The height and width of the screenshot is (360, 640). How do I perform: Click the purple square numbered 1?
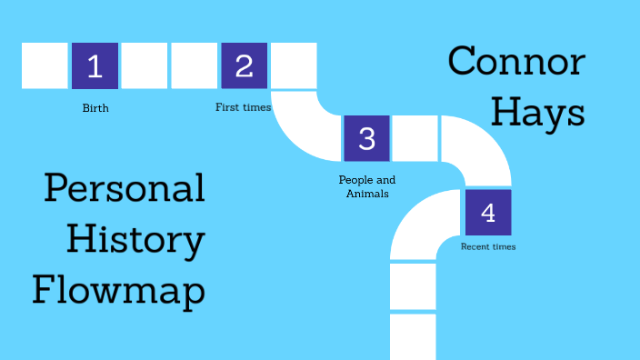(x=95, y=65)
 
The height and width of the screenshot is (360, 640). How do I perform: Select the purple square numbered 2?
(x=244, y=65)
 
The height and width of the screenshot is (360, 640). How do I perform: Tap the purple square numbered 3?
(x=366, y=138)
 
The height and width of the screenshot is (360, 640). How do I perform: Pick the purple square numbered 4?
(x=488, y=213)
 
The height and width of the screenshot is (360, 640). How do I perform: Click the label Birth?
(x=95, y=108)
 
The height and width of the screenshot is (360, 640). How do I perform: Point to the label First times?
(x=243, y=107)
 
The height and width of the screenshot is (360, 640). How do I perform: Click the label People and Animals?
(x=366, y=186)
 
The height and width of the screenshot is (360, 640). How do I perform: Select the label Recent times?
(x=488, y=246)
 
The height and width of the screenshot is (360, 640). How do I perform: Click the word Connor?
(x=516, y=63)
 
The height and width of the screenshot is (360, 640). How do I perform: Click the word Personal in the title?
(x=125, y=189)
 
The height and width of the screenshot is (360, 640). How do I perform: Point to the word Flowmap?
(x=118, y=292)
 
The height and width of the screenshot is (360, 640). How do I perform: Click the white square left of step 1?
(x=45, y=65)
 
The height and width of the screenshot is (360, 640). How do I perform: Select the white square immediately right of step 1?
(x=145, y=65)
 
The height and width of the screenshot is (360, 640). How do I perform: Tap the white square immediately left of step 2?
(x=194, y=65)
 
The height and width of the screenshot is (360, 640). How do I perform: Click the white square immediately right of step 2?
(x=294, y=65)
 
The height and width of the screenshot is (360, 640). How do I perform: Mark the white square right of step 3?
(x=415, y=138)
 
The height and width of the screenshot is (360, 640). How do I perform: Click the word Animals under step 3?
(x=366, y=193)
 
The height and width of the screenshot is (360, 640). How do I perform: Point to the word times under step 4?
(x=503, y=246)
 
